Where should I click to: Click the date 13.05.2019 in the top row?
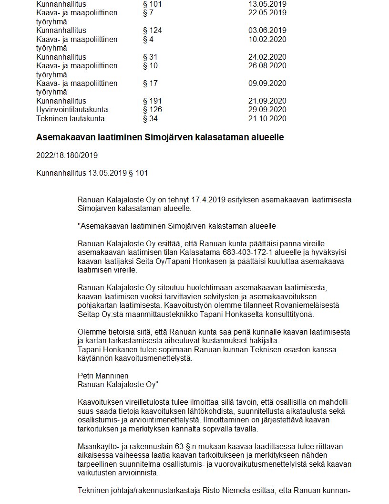click(267, 4)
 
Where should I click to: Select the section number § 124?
click(153, 31)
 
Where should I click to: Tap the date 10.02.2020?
click(267, 39)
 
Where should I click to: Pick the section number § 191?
click(153, 101)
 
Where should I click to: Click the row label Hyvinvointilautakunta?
click(72, 110)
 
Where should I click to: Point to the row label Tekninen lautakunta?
click(70, 118)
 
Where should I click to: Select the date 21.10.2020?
click(267, 118)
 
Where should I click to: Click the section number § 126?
click(153, 110)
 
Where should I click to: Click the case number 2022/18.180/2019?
click(67, 156)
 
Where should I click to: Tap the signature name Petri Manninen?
click(103, 376)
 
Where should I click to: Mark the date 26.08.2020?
click(267, 66)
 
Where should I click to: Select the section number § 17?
click(150, 84)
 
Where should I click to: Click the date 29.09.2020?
click(267, 110)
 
